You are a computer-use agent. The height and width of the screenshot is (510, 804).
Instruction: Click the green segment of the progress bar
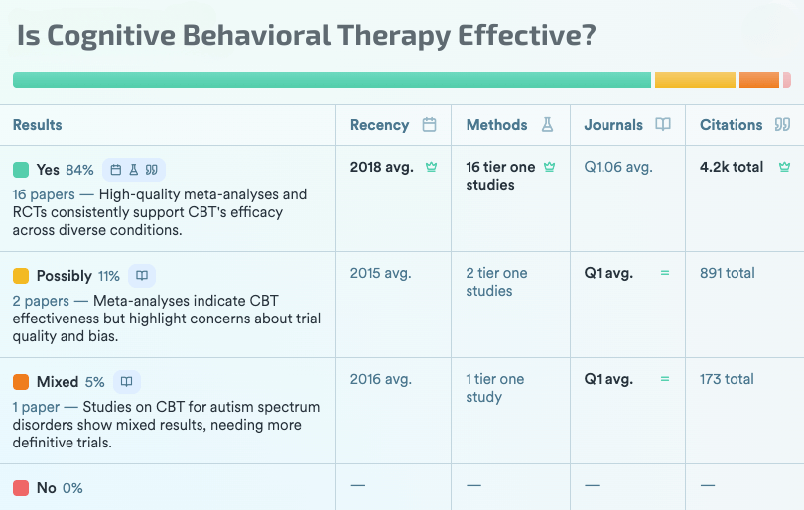tap(332, 80)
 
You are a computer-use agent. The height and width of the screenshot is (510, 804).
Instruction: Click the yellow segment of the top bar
tap(695, 80)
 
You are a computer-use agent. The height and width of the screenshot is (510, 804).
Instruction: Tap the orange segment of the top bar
tap(759, 80)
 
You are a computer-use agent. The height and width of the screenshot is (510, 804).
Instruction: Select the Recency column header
tap(380, 125)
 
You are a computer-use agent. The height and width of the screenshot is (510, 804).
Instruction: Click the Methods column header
tap(496, 125)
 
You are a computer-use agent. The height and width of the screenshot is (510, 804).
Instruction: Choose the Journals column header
tap(613, 125)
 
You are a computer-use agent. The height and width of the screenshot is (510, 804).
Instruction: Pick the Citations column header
tap(731, 125)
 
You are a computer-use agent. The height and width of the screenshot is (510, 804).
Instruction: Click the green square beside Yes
tap(21, 169)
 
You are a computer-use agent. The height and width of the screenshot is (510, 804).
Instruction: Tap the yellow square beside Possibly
tap(21, 276)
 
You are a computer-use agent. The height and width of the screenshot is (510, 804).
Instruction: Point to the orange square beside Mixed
tap(21, 382)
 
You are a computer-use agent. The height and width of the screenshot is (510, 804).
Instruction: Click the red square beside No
tap(21, 488)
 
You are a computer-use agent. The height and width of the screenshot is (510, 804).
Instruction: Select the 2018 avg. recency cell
tap(380, 167)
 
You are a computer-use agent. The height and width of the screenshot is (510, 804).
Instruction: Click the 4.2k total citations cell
tap(732, 167)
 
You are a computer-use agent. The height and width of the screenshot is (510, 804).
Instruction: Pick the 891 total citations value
tap(727, 273)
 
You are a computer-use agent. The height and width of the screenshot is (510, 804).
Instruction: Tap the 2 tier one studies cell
tap(496, 282)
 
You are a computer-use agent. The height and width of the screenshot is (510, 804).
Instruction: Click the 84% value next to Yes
tap(79, 170)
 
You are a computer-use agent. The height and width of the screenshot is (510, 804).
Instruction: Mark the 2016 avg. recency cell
tap(380, 379)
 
